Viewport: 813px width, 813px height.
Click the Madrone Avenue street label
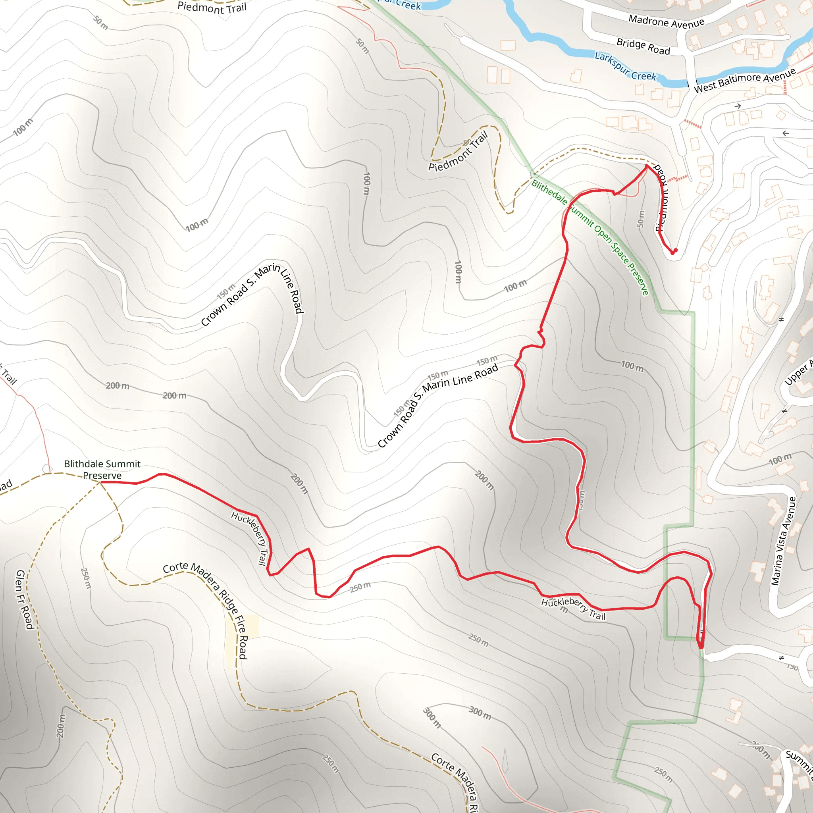(x=666, y=21)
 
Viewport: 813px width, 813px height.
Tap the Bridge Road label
(x=643, y=46)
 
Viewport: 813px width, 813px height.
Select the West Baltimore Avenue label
(x=744, y=79)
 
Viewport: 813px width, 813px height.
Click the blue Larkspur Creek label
(x=625, y=66)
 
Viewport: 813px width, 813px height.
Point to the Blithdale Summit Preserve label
(x=102, y=470)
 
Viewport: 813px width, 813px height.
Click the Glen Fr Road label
(x=24, y=600)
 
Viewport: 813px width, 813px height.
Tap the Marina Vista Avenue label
(x=784, y=541)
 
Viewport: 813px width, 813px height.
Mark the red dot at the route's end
(x=674, y=252)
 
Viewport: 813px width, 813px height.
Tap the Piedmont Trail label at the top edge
(x=212, y=8)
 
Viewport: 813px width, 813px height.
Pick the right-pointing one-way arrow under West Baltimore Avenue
(x=737, y=106)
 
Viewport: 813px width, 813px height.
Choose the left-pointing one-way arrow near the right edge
(x=785, y=133)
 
